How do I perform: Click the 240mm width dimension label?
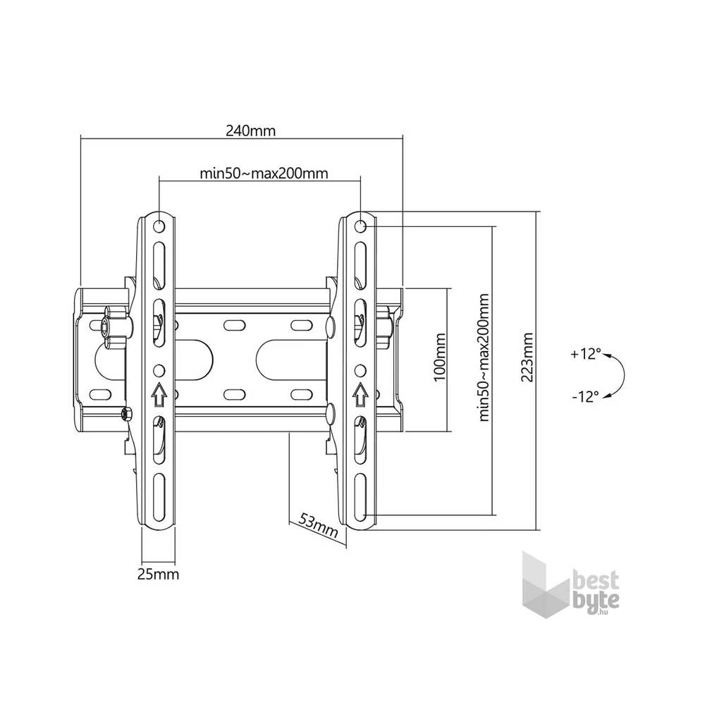coord(250,131)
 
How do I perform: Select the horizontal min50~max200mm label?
coord(264,173)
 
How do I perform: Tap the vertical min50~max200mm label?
coord(484,357)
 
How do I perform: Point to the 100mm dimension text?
coord(439,357)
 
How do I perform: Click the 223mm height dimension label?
coord(527,357)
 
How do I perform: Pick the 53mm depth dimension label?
coord(318,525)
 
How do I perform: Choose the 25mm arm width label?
coord(158,574)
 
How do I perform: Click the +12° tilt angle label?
coord(586,354)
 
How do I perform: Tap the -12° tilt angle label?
coord(585,396)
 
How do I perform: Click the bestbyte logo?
coord(570,585)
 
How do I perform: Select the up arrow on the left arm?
coord(159,394)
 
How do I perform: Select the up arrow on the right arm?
coord(360,394)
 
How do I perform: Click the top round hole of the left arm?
coord(159,226)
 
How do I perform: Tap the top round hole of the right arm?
coord(360,226)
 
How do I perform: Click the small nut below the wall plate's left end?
coord(126,413)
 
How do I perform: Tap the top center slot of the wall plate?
coord(232,324)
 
